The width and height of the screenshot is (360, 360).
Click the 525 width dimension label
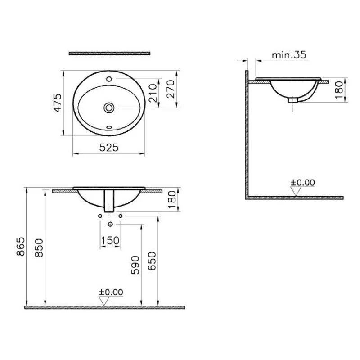pyautogui.click(x=109, y=148)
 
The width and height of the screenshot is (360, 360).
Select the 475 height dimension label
pyautogui.click(x=58, y=103)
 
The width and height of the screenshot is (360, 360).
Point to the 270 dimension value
pyautogui.click(x=171, y=89)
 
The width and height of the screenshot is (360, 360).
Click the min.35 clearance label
pyautogui.click(x=289, y=55)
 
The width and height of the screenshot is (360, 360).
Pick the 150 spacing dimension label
pyautogui.click(x=110, y=240)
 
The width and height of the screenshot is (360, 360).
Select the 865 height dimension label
pyautogui.click(x=21, y=246)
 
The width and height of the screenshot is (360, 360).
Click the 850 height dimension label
pyautogui.click(x=39, y=248)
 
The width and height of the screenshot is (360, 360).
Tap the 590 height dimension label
pyautogui.click(x=135, y=265)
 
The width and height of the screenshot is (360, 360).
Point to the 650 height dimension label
pyautogui.click(x=152, y=261)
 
